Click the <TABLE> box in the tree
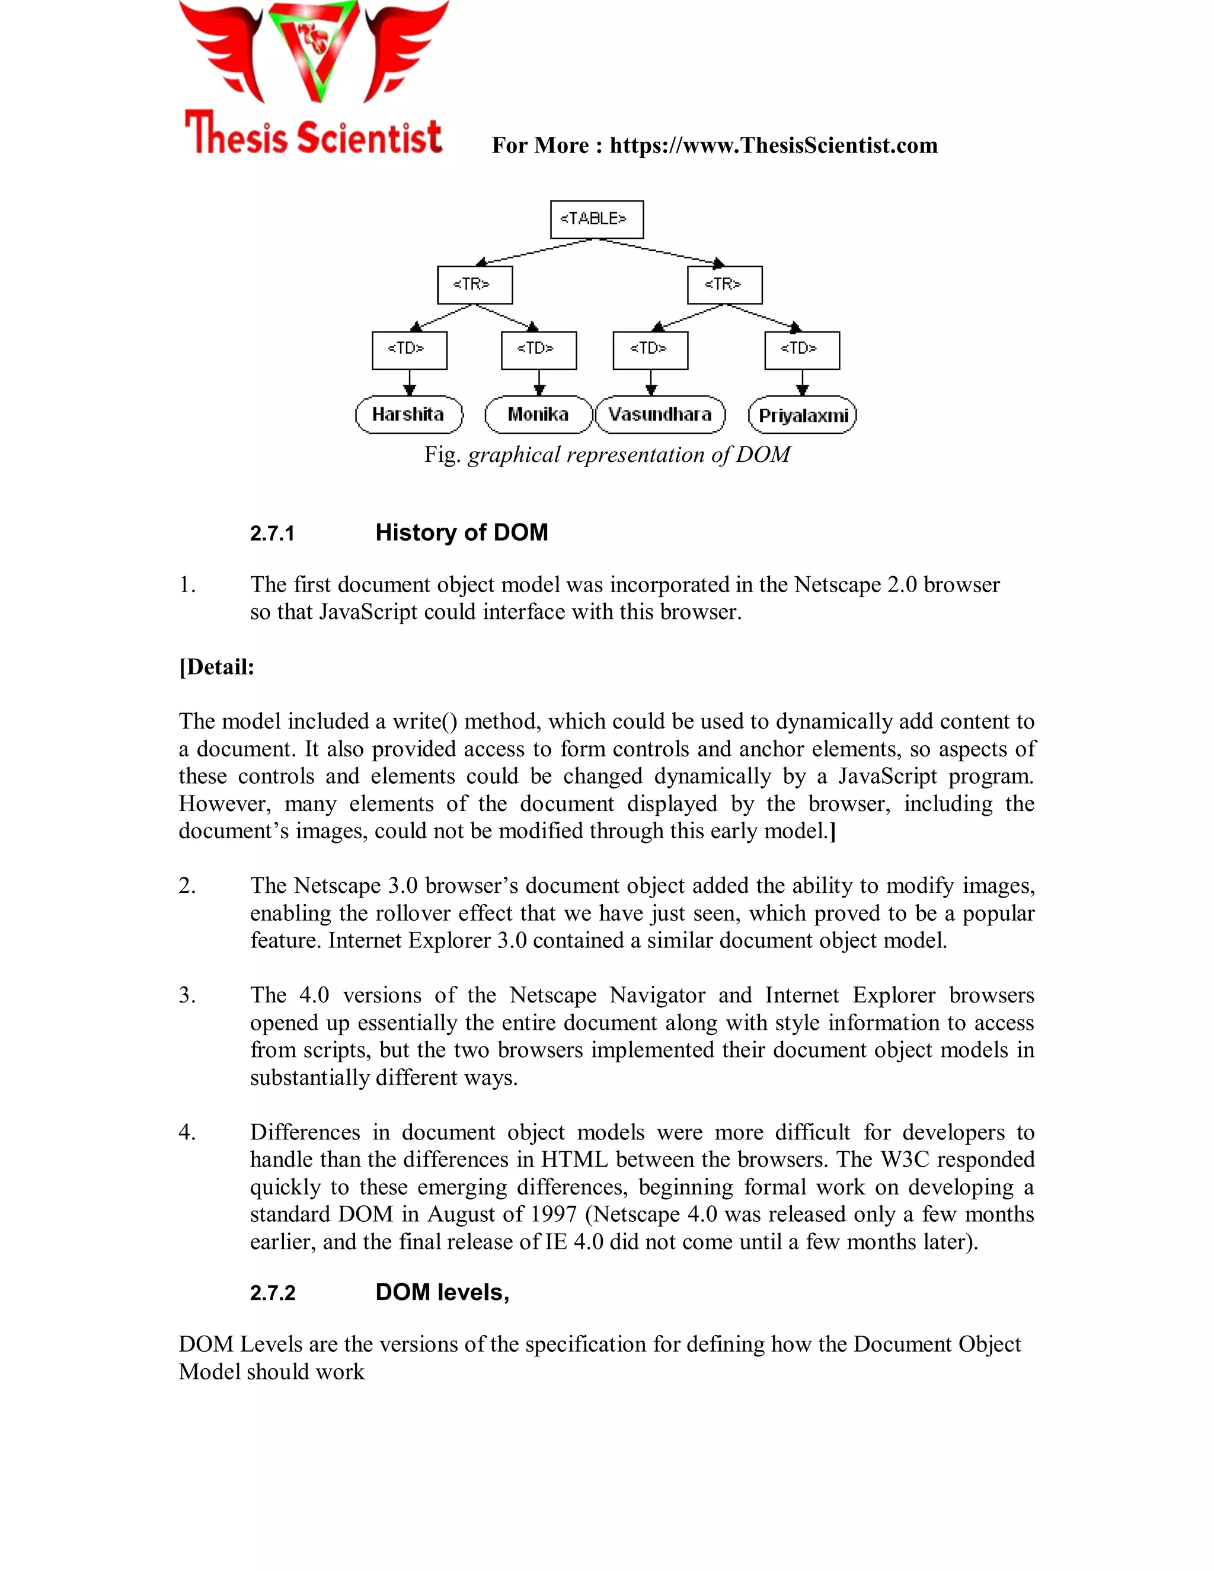click(596, 219)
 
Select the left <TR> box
click(475, 285)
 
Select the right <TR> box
click(724, 285)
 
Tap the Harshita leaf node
click(408, 414)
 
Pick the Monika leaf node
click(538, 414)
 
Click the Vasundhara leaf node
click(660, 414)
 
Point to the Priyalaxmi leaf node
click(803, 416)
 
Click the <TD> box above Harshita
click(409, 350)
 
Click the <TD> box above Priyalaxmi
click(802, 350)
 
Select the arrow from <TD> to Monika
click(539, 382)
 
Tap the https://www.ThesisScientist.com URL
click(773, 145)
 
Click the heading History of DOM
click(461, 532)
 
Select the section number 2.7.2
click(273, 1294)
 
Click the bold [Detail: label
click(216, 667)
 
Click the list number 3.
click(187, 995)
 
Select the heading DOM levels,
click(442, 1292)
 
